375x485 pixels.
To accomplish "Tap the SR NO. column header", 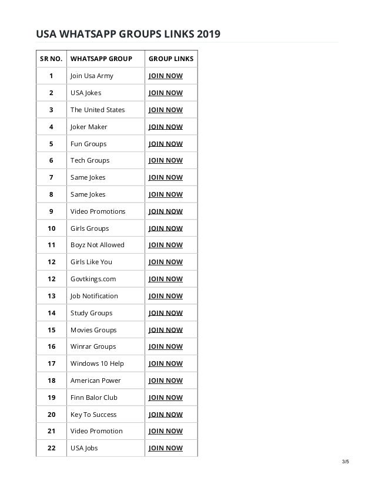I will [x=51, y=59].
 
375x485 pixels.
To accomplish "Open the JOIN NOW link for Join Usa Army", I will [x=166, y=76].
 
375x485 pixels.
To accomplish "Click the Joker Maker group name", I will [x=89, y=127].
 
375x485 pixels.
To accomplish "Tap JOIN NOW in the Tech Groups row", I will [x=166, y=160].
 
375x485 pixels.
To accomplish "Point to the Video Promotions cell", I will [x=98, y=211].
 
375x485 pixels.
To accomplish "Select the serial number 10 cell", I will [x=51, y=228].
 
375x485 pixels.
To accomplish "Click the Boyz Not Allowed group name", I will [x=97, y=245].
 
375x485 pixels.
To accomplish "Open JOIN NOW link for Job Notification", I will [x=166, y=296].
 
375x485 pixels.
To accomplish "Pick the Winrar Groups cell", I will [x=93, y=346].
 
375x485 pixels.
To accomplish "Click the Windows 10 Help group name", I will [x=97, y=363].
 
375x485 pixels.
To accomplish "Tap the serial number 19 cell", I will [x=51, y=398].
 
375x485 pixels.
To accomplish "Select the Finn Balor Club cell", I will [x=94, y=398].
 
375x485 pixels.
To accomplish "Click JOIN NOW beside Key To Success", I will [x=166, y=415].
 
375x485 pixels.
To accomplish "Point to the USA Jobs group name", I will [x=84, y=448].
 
